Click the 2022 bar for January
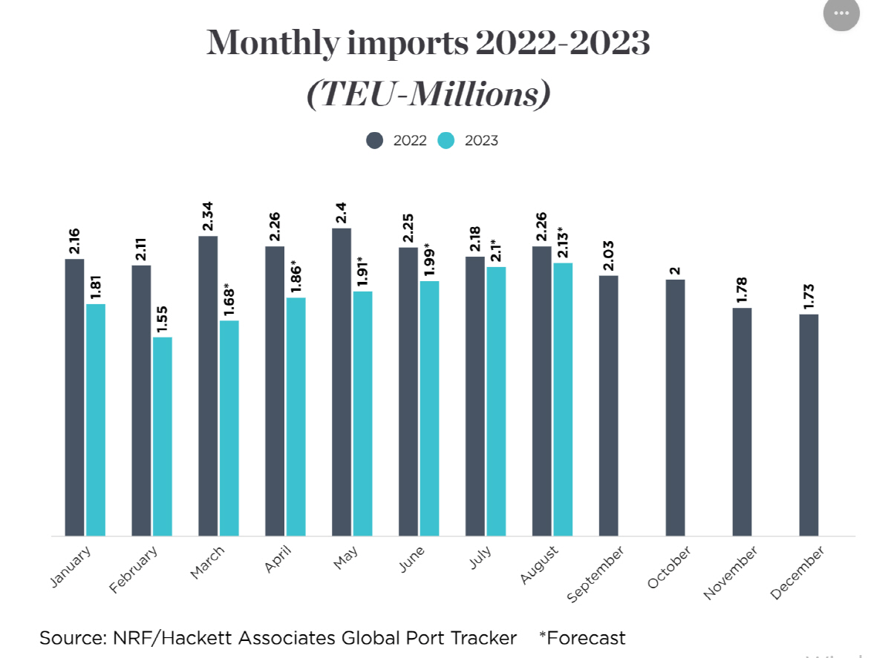pyautogui.click(x=74, y=397)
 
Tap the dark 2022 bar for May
pyautogui.click(x=342, y=382)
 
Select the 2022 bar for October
pyautogui.click(x=675, y=407)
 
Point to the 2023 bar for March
pyautogui.click(x=229, y=428)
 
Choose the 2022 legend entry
pyautogui.click(x=397, y=140)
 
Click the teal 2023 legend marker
pyautogui.click(x=446, y=140)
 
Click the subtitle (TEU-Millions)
pyautogui.click(x=428, y=94)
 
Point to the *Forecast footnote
pyautogui.click(x=582, y=638)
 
